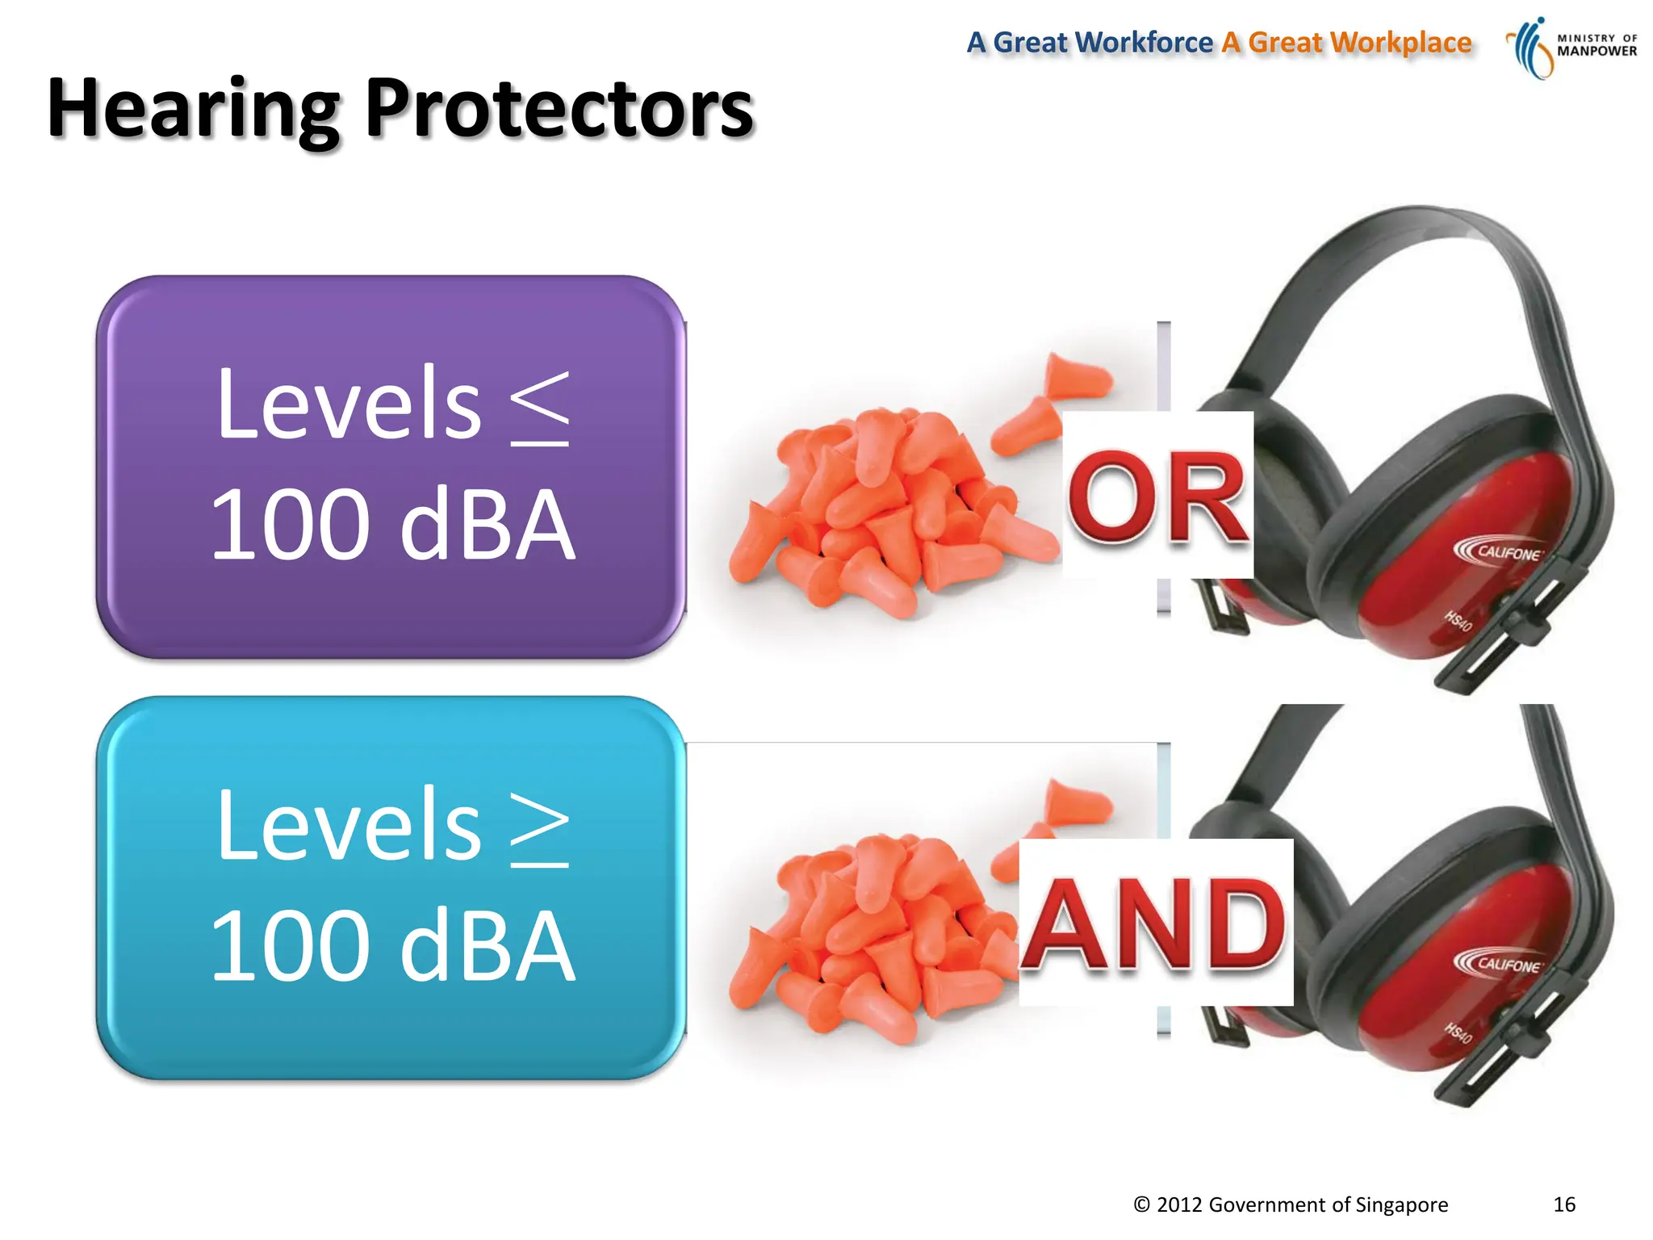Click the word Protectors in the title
click(x=559, y=109)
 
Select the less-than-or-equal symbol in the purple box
click(x=540, y=408)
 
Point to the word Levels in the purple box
click(x=349, y=404)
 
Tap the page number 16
click(x=1563, y=1204)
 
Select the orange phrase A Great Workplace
click(x=1346, y=42)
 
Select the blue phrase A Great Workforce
click(x=1090, y=42)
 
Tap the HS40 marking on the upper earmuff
click(x=1458, y=621)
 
